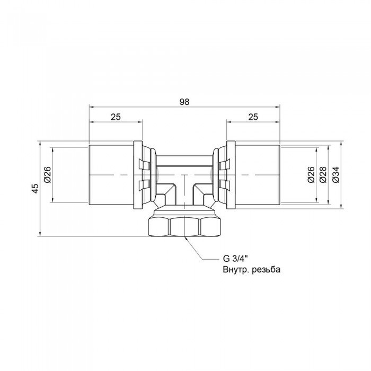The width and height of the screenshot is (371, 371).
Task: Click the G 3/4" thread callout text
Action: pos(234,260)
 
